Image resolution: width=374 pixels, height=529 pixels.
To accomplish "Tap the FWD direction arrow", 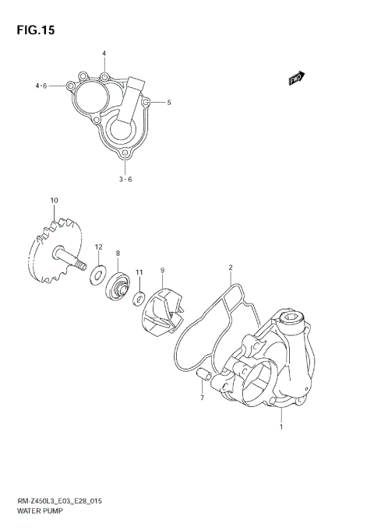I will [296, 77].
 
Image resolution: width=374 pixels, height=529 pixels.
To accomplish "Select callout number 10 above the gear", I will [54, 201].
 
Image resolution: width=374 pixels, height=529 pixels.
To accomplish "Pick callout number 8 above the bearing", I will [118, 254].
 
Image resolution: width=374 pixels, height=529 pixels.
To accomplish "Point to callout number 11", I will [139, 272].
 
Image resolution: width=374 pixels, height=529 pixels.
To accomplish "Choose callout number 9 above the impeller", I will [162, 270].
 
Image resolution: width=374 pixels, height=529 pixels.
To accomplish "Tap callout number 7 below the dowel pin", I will [202, 398].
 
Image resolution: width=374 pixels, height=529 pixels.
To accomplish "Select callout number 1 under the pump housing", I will [280, 427].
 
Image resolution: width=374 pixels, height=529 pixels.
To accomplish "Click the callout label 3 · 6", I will [125, 179].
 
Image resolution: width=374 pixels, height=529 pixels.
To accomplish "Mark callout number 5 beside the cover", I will [168, 102].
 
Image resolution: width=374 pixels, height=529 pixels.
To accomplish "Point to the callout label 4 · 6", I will [41, 86].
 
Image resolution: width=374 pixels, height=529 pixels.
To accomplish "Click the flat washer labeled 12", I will [100, 272].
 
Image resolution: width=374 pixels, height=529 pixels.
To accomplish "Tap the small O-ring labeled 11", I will [138, 298].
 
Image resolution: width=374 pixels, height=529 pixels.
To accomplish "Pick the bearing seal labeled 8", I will [119, 288].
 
